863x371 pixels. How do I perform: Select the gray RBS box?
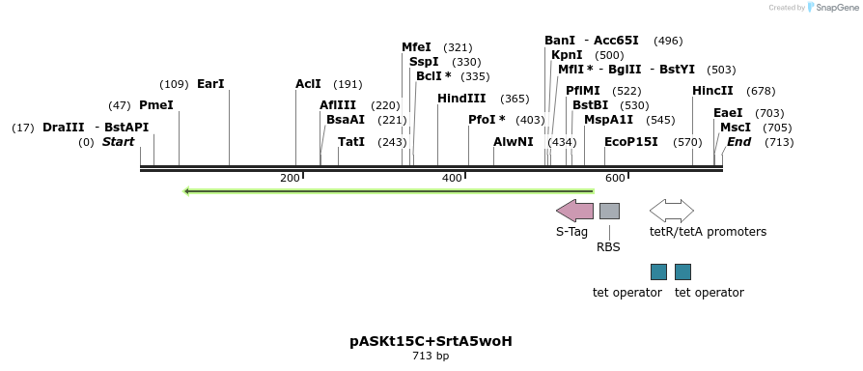pos(609,211)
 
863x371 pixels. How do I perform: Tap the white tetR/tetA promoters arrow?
pos(672,211)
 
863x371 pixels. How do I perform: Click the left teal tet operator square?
pos(658,271)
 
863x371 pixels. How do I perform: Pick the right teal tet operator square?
pos(682,271)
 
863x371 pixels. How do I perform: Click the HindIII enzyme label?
pos(461,99)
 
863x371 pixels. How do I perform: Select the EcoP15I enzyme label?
pos(631,142)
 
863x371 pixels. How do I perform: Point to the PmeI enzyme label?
pos(156,105)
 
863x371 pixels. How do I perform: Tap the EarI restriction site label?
pos(210,84)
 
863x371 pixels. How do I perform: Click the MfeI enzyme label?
pos(417,47)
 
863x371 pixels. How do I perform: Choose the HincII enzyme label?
pos(712,91)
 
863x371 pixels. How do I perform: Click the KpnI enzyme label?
pos(567,55)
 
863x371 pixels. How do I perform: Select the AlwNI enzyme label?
pos(514,142)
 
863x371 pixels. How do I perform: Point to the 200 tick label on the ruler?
pos(290,179)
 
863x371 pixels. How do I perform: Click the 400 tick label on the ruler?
pos(452,179)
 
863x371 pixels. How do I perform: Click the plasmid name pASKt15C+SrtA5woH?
pos(431,342)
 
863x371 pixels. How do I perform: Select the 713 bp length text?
pos(431,357)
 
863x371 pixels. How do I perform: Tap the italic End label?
pos(738,142)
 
